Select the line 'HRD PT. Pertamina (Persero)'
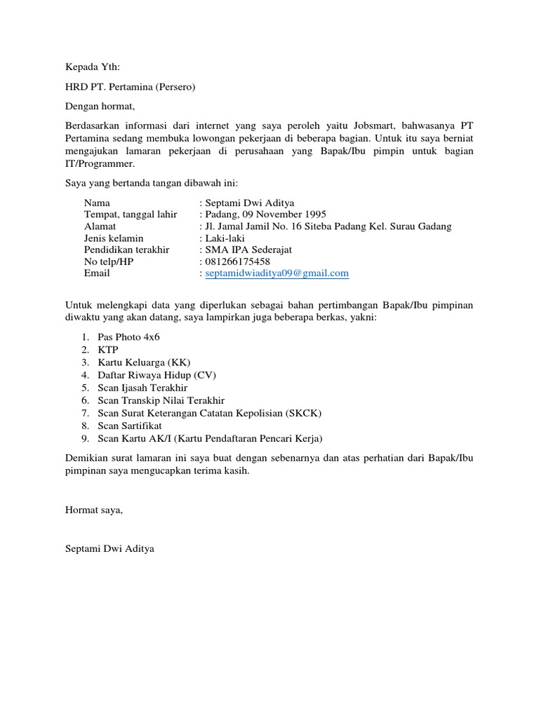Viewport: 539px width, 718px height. tap(130, 88)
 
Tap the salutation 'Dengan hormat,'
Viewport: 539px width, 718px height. tap(99, 107)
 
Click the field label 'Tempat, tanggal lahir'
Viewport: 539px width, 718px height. tap(131, 215)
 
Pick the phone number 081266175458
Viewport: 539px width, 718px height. tap(237, 262)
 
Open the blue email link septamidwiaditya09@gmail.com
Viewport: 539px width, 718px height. tap(277, 273)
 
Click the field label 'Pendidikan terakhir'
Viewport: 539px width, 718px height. tap(127, 250)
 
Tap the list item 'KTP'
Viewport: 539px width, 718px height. tap(108, 350)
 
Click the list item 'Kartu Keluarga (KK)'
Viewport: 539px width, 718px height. tap(142, 363)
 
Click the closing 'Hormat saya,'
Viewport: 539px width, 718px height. tap(93, 510)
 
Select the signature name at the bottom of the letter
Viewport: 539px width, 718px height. tap(109, 548)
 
